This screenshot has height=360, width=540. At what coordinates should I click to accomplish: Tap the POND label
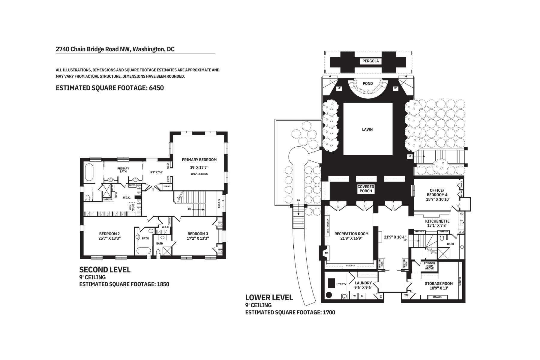tap(367, 83)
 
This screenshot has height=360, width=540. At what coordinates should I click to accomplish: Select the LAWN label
tap(367, 129)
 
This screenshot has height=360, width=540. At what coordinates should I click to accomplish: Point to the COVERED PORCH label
tap(366, 189)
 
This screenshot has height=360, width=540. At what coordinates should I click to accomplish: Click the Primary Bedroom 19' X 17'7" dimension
tap(199, 167)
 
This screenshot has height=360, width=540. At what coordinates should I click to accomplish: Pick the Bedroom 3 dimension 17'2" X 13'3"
tap(198, 238)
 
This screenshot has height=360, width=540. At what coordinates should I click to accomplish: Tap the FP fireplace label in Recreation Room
tap(326, 253)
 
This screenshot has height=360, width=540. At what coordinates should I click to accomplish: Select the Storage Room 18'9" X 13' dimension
tap(439, 288)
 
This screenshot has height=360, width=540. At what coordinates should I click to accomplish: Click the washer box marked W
tap(354, 296)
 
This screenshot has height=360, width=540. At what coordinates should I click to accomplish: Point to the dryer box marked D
tap(362, 296)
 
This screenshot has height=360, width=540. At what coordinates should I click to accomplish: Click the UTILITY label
tap(341, 284)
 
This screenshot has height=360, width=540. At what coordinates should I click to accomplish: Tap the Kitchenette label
tap(437, 221)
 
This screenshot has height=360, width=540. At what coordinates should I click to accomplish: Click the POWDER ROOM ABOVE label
tap(429, 266)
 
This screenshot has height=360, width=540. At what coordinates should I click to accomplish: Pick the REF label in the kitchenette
tap(462, 214)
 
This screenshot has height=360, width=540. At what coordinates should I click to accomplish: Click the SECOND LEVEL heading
tap(105, 270)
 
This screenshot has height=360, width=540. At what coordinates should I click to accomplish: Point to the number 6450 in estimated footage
tap(156, 88)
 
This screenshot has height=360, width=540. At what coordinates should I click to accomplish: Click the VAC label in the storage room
tap(406, 295)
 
